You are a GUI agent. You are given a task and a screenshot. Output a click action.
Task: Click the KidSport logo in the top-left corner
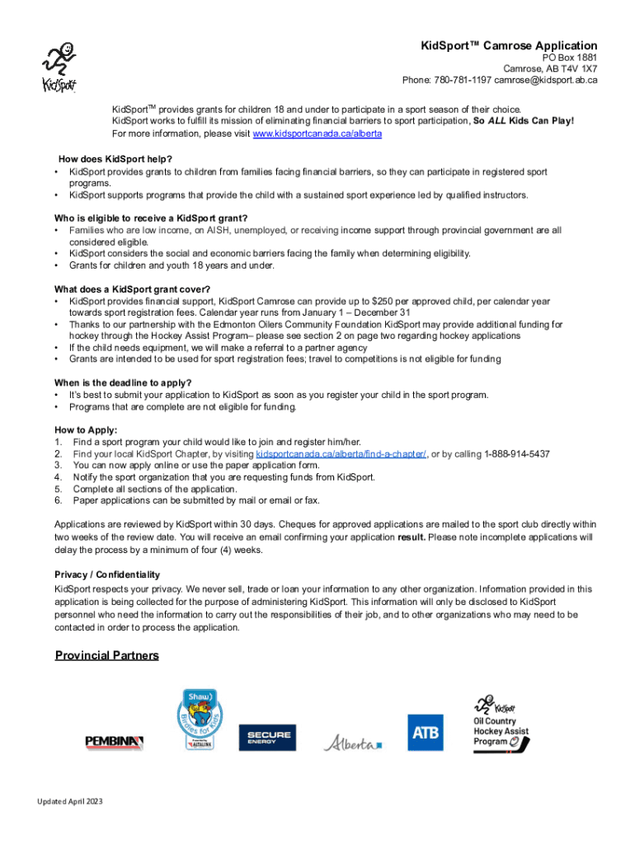(x=59, y=67)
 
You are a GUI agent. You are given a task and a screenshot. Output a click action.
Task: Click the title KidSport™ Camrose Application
(x=509, y=45)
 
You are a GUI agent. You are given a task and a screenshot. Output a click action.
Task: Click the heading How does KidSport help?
(x=115, y=159)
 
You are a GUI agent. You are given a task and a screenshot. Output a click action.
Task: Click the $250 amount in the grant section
(x=384, y=302)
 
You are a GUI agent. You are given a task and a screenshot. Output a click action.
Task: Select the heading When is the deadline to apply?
(x=123, y=382)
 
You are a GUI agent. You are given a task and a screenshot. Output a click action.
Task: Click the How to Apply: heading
(x=86, y=430)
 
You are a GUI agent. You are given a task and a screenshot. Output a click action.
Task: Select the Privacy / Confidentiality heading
(x=107, y=574)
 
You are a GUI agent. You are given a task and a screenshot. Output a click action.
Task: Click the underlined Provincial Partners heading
(x=106, y=655)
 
